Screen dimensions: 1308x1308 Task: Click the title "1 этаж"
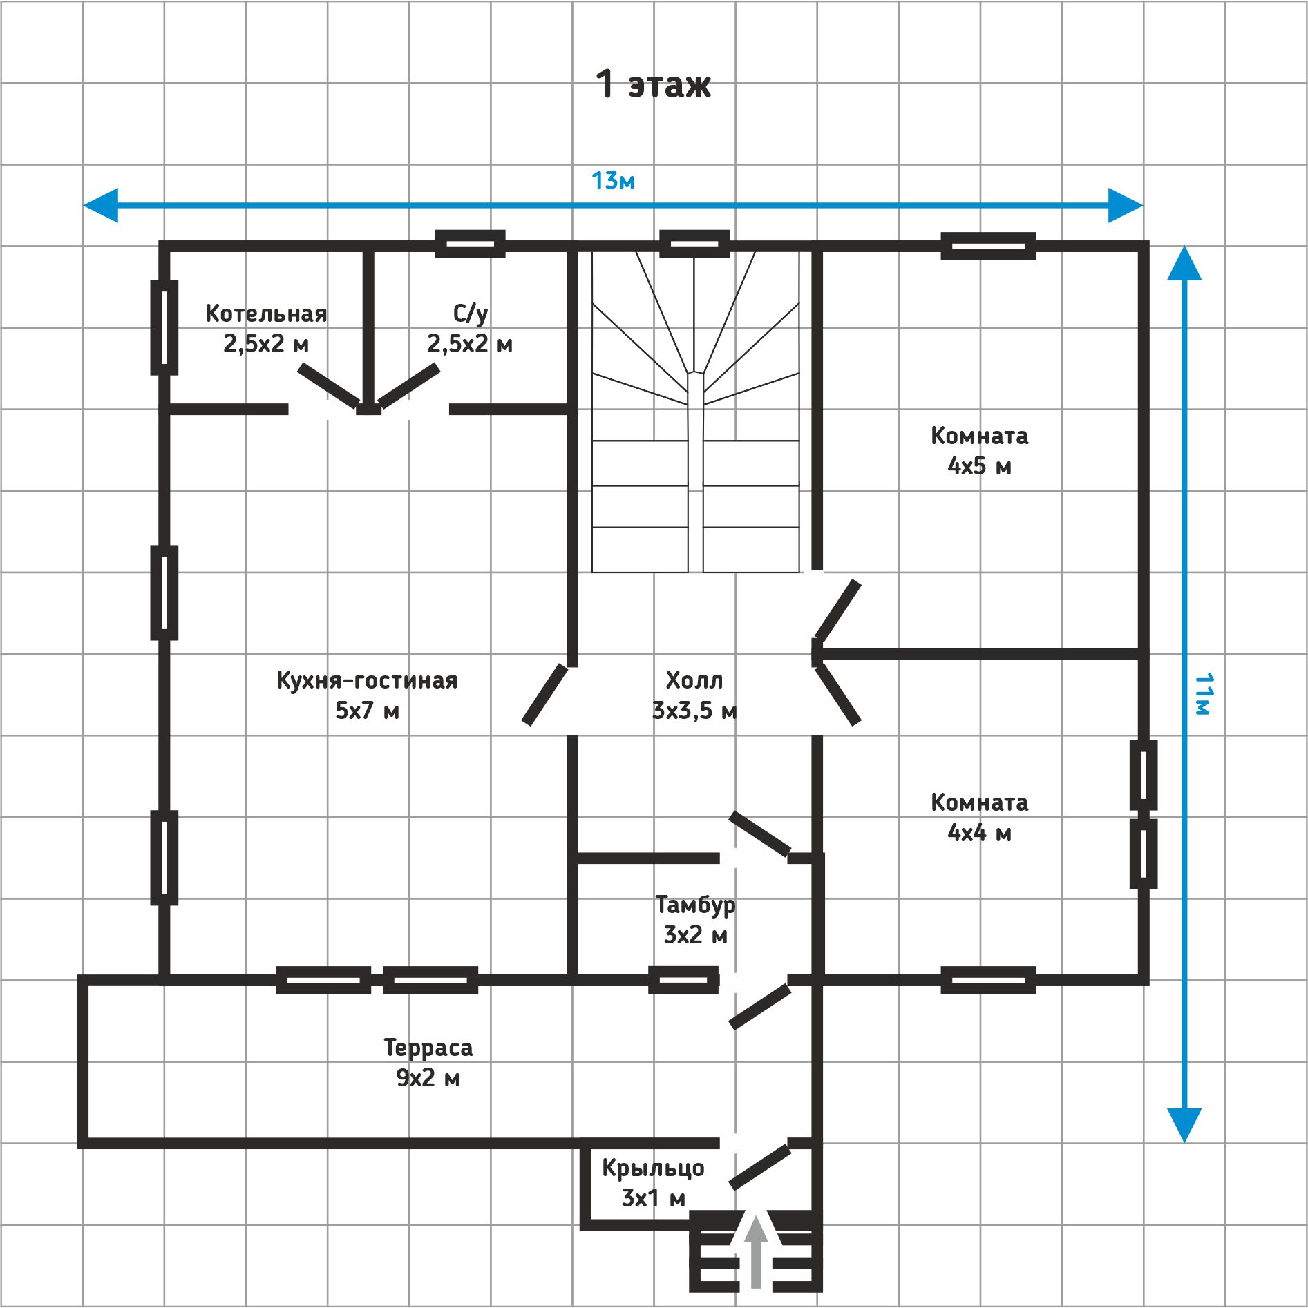tap(653, 84)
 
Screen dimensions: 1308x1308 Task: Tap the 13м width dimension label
tap(613, 181)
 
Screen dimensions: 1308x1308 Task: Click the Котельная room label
tap(266, 328)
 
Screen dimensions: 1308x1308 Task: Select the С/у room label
tap(470, 328)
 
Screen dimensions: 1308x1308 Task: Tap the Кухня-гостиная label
tap(367, 695)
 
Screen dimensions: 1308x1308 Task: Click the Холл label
tap(694, 695)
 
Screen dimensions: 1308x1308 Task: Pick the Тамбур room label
tap(695, 919)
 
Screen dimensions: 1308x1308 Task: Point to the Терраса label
tap(428, 1062)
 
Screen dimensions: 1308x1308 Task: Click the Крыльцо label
tap(653, 1182)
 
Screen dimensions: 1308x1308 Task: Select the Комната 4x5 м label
tap(979, 450)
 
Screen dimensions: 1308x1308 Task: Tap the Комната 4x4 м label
tap(979, 817)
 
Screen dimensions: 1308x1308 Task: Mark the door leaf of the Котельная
tap(329, 386)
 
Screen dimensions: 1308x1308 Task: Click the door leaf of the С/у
tap(409, 386)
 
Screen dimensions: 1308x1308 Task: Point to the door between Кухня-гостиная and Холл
tap(545, 695)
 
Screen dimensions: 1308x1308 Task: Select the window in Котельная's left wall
tap(164, 327)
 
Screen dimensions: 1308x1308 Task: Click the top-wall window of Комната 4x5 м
tap(988, 246)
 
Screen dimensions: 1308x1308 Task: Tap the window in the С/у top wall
tap(470, 244)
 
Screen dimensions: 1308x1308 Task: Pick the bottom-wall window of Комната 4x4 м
tap(988, 980)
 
